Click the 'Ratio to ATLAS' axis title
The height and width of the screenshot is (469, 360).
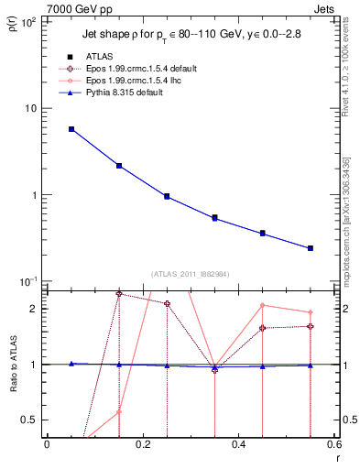point(13,365)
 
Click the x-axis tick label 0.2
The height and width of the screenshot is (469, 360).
point(142,445)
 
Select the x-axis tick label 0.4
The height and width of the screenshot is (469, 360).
point(238,445)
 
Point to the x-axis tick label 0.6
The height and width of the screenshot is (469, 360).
point(333,445)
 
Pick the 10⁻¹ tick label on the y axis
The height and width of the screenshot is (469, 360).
point(27,281)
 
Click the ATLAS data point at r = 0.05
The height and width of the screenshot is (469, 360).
point(71,129)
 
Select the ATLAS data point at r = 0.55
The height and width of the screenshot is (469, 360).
point(311,248)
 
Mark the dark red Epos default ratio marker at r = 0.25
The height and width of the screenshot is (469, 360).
point(167,304)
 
